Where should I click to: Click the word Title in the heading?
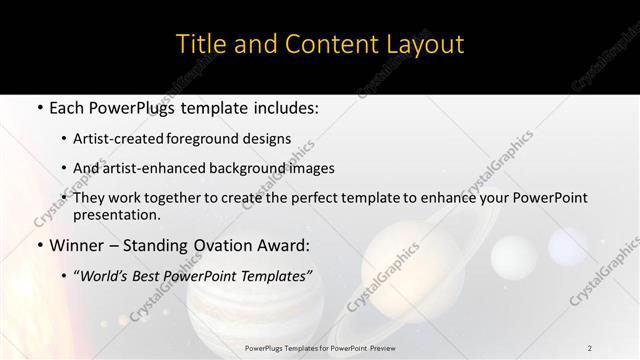(200, 44)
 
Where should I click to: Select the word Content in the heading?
(311, 44)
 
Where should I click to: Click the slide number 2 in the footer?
(590, 347)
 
